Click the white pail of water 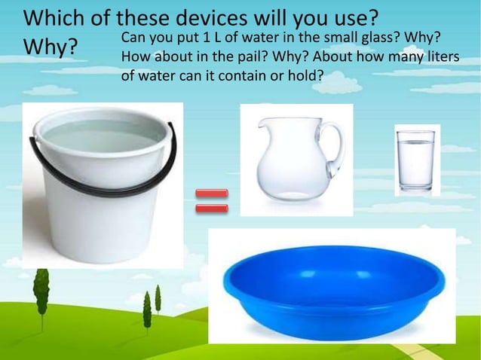coord(103,188)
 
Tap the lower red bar coord(211,208)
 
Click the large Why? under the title coord(51,47)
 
